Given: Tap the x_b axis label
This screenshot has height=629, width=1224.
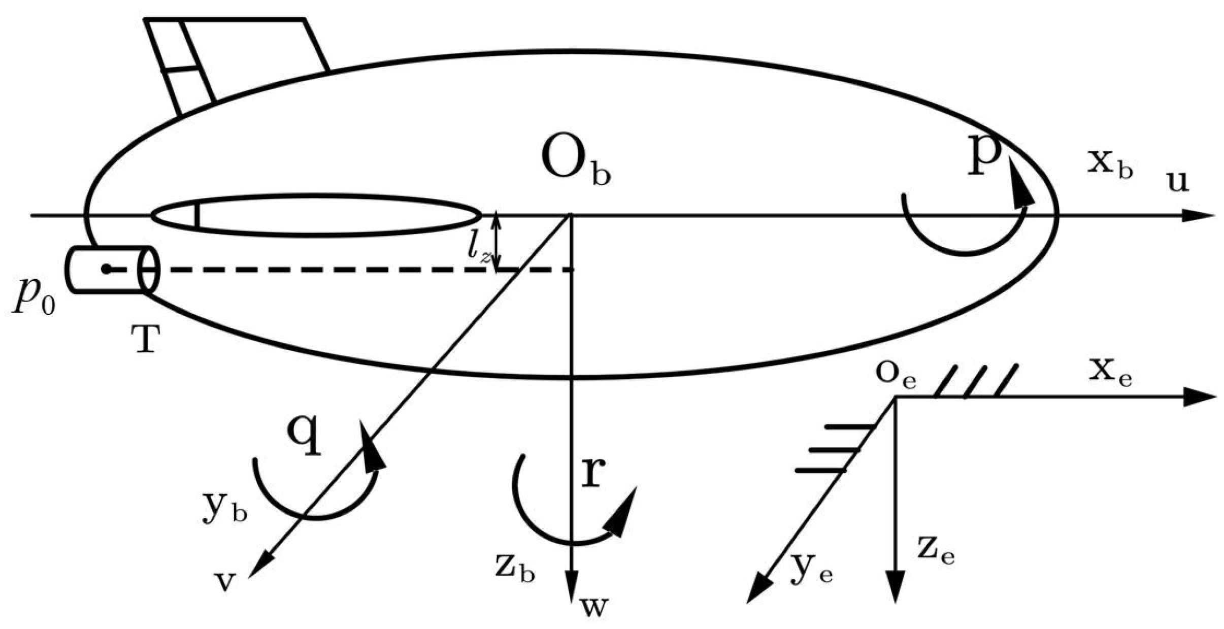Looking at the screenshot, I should pyautogui.click(x=1110, y=165).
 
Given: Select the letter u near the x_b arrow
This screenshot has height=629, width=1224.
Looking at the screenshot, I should pyautogui.click(x=1176, y=182).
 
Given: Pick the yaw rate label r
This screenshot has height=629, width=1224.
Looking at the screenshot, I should pyautogui.click(x=592, y=473).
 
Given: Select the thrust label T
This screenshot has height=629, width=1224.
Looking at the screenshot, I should pyautogui.click(x=145, y=339).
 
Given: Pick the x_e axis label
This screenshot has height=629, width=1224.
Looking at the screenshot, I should pyautogui.click(x=1110, y=375).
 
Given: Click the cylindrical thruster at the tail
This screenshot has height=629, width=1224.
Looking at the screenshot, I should pyautogui.click(x=112, y=269).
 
